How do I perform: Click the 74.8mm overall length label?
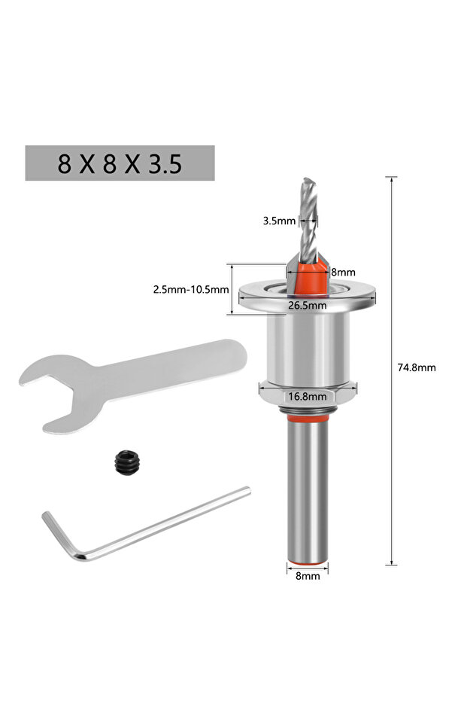(416, 367)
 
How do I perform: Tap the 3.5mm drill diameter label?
(279, 221)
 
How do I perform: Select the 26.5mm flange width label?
(307, 306)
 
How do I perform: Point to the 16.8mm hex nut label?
(307, 396)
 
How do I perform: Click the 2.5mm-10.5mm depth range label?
(191, 289)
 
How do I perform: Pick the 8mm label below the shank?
(308, 576)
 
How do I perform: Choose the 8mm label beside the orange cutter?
(343, 272)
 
